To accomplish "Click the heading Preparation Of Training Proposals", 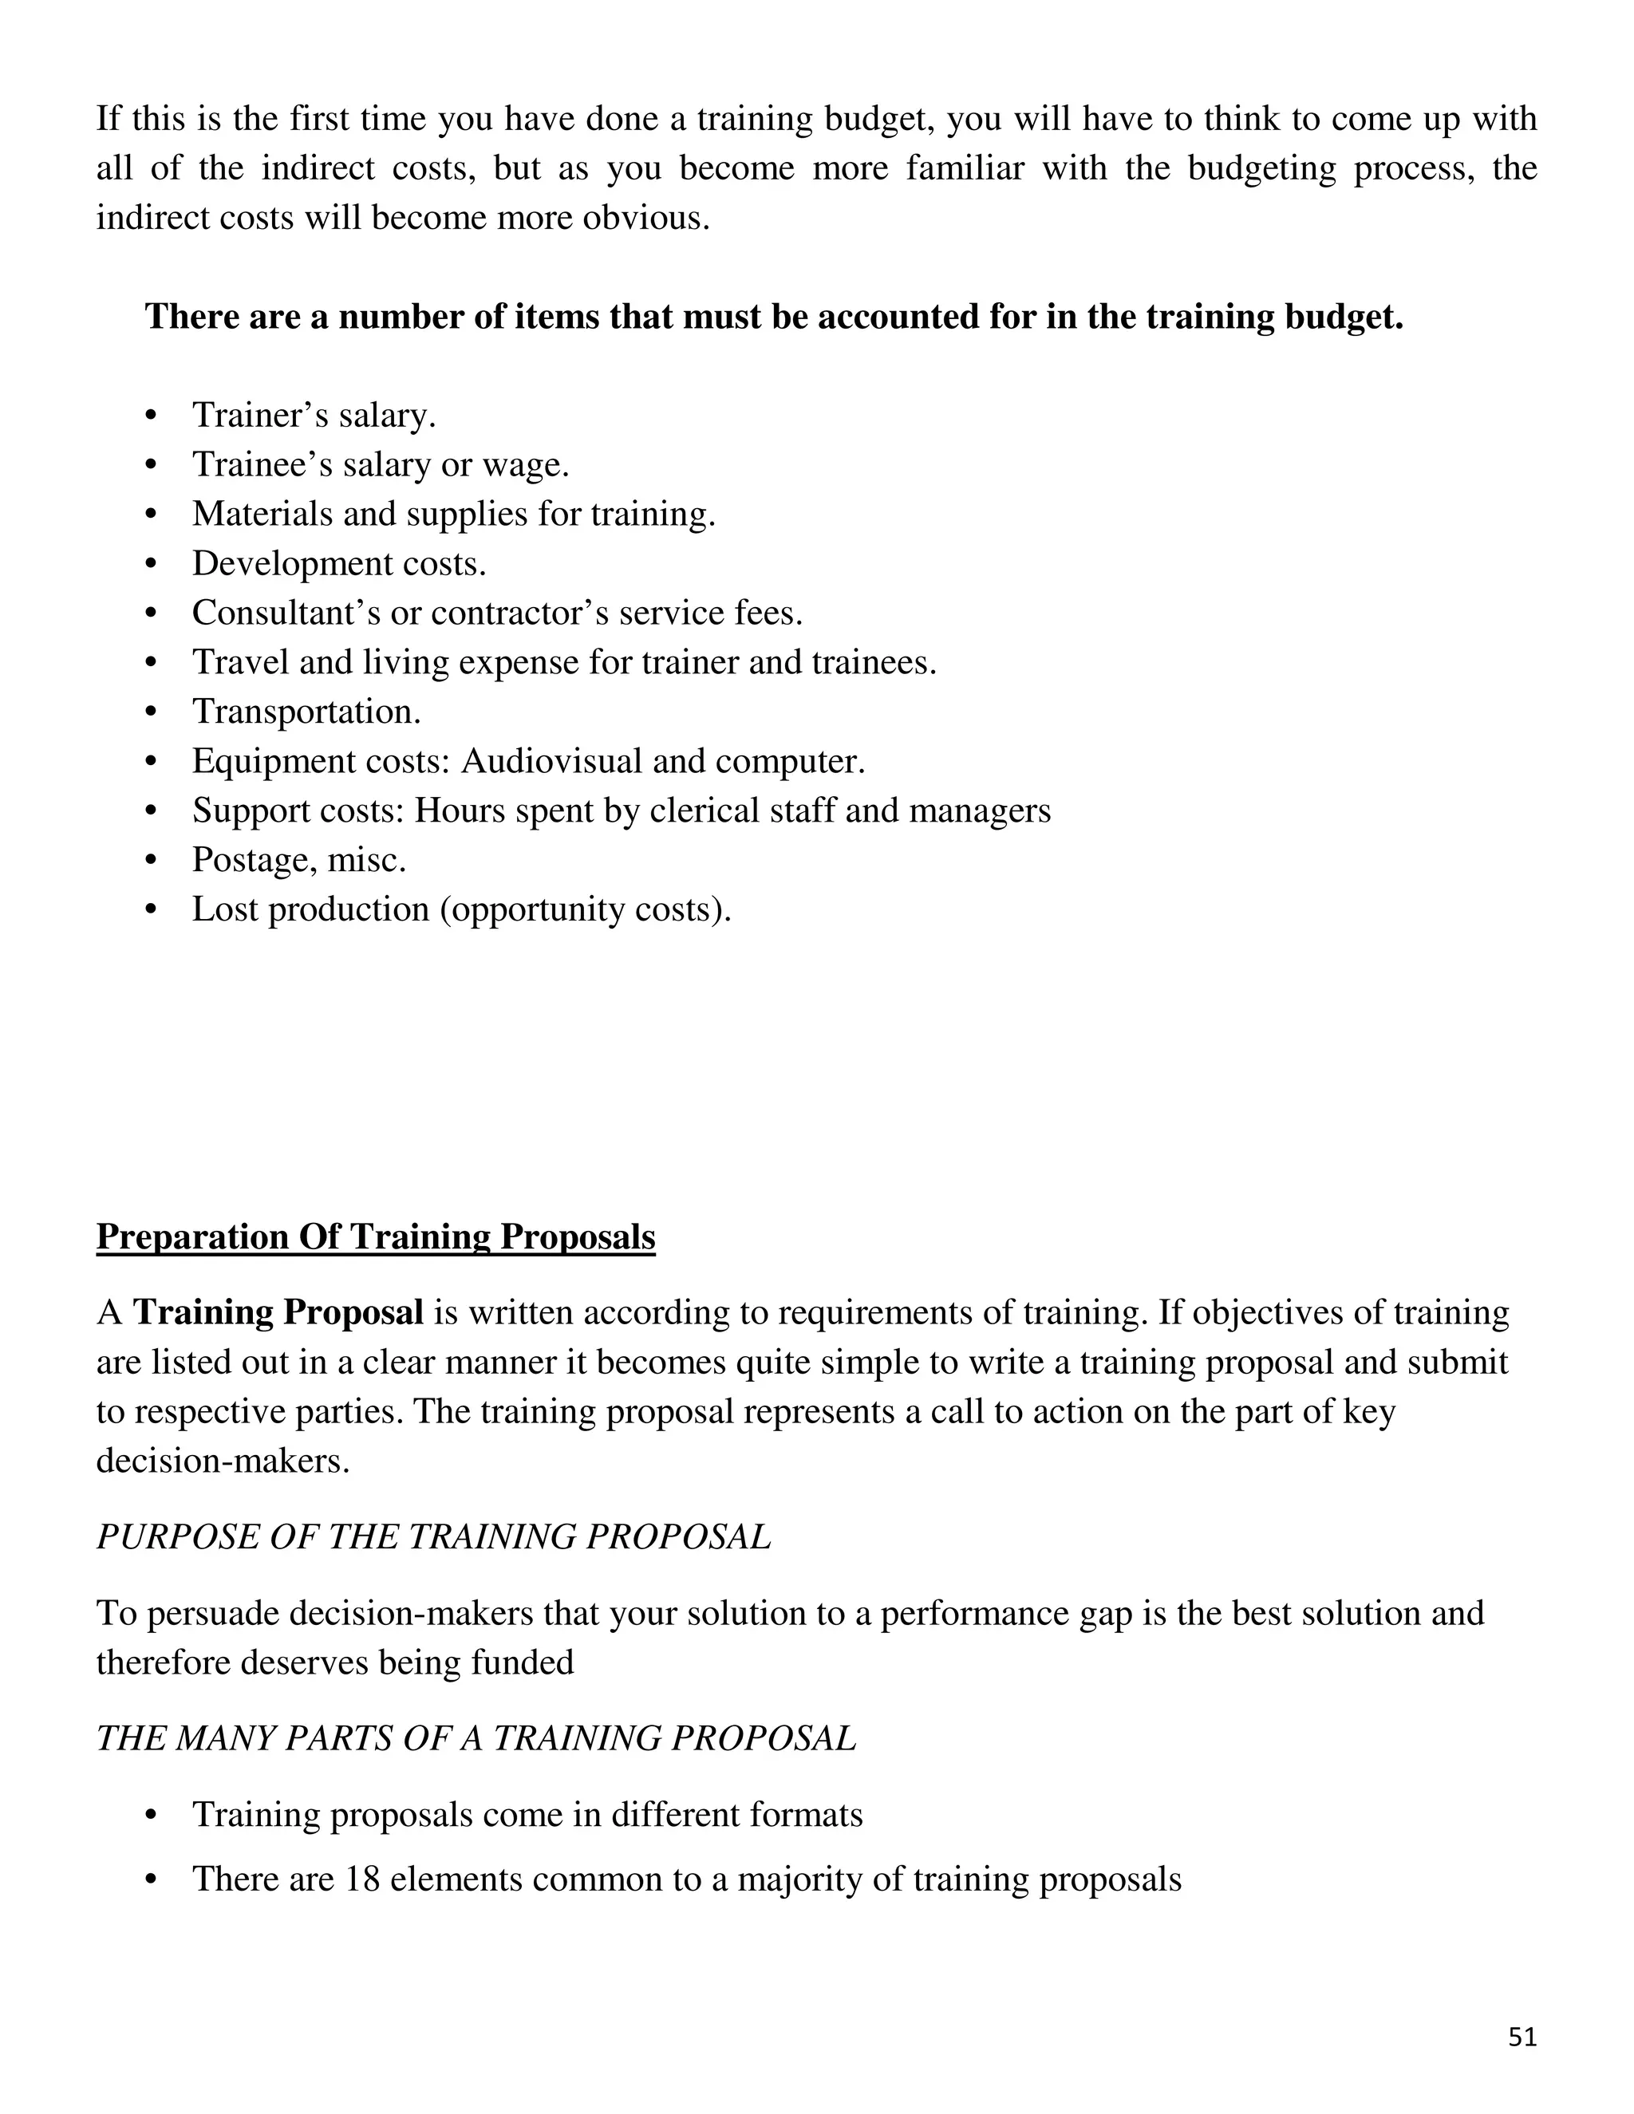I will (376, 1237).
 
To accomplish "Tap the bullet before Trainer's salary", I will (150, 416).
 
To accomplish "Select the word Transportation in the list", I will (306, 712).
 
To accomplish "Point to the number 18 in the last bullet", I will (362, 1879).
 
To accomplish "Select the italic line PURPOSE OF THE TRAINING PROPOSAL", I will (434, 1537).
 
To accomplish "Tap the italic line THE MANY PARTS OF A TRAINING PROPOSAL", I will (476, 1738).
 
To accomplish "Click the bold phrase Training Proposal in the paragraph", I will (278, 1312).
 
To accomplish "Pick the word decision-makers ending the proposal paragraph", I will (222, 1461).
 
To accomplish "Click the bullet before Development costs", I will (150, 564).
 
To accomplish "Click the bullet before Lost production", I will (150, 910).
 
